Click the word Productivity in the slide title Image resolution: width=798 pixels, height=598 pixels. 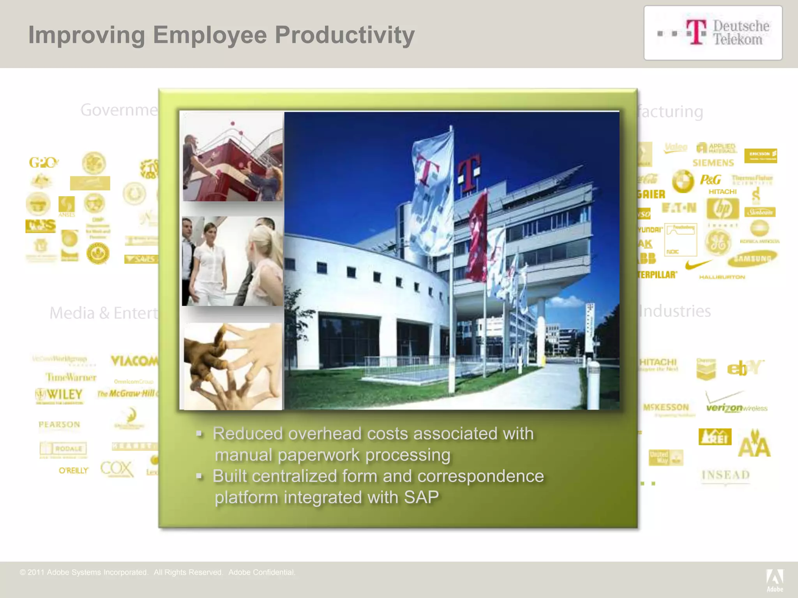[344, 35]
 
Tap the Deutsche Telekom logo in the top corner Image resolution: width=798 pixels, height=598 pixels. [713, 33]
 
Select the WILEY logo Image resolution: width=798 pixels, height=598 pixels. [59, 395]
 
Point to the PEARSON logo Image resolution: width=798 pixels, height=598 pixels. [59, 424]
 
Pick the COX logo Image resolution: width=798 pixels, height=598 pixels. [117, 469]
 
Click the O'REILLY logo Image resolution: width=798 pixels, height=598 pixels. [73, 471]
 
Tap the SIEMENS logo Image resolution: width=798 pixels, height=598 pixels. [713, 163]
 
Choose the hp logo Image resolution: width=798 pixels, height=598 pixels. [723, 209]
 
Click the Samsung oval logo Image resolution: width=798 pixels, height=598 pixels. [752, 259]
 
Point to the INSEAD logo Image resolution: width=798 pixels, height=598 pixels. [726, 475]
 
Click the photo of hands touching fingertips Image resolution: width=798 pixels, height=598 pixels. [233, 366]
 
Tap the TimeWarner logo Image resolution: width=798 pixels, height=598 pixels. [71, 377]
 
